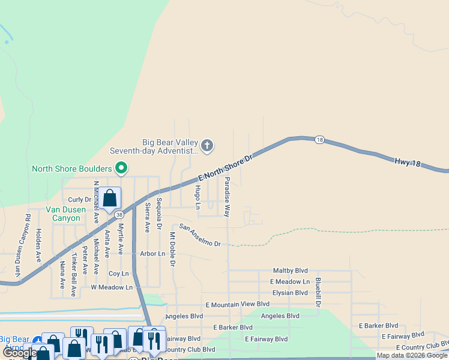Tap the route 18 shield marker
[x=319, y=140]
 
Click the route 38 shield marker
[x=120, y=214]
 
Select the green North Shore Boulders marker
[x=121, y=169]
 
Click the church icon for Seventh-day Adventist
[x=207, y=145]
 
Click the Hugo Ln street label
[x=198, y=197]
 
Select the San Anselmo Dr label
[x=200, y=236]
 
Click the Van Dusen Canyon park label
[x=62, y=214]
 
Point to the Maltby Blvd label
[x=290, y=271]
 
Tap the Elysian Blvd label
[x=290, y=293]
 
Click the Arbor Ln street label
[x=152, y=254]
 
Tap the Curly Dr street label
[x=79, y=200]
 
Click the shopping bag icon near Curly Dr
[x=110, y=197]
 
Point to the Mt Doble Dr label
[x=172, y=248]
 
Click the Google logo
[x=19, y=353]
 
